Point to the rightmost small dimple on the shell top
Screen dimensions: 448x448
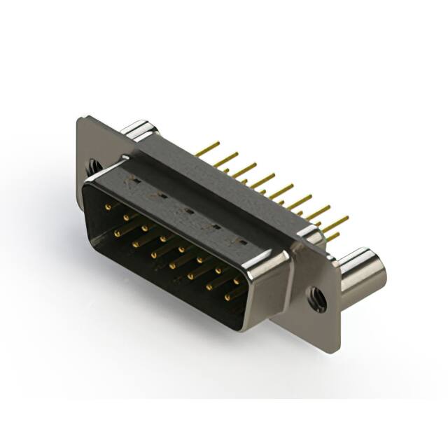(x=241, y=241)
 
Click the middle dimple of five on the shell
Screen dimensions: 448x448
(x=188, y=210)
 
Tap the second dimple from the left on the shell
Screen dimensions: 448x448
(x=162, y=195)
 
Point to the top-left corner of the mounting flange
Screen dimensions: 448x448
(x=79, y=119)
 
